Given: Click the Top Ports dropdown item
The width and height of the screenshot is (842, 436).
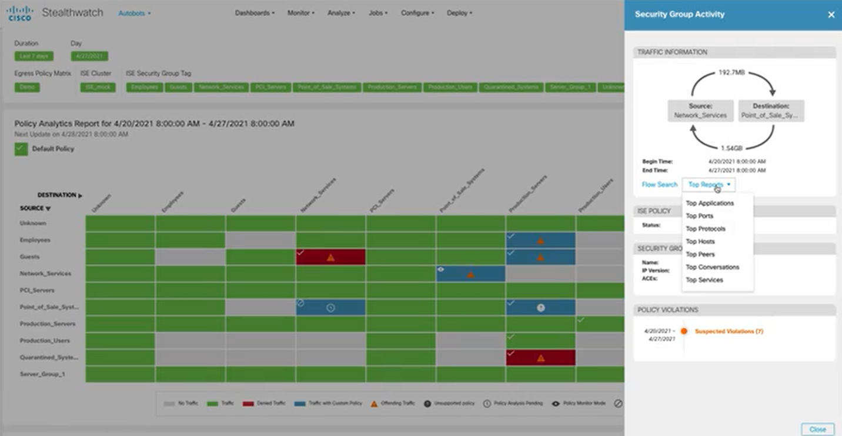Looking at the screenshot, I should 699,216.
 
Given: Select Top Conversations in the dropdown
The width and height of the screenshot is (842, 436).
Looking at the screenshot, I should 712,267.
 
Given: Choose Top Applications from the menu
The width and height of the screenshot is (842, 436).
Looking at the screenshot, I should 710,203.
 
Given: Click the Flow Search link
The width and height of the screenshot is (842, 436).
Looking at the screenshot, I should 659,185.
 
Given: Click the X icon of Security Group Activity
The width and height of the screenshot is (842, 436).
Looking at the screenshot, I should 831,15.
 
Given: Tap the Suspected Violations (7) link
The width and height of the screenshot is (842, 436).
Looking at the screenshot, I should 729,331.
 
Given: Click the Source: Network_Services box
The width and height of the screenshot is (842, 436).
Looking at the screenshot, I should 700,111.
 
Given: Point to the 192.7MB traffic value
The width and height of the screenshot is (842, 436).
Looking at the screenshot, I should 731,73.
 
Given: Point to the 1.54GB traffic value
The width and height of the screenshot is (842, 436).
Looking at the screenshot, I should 732,147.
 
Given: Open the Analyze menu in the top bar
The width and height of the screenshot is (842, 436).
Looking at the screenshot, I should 341,13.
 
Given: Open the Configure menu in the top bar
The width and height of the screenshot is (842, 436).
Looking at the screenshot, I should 417,13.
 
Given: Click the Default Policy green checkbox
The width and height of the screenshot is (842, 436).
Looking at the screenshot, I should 21,149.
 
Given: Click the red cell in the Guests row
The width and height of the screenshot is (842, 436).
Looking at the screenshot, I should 330,257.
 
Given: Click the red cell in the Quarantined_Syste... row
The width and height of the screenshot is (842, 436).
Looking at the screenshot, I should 540,358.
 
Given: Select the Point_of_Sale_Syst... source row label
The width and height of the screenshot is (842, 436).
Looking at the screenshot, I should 49,307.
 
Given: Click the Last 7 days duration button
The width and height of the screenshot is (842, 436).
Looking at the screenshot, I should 34,56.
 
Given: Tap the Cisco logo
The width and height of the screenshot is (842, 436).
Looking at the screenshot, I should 19,13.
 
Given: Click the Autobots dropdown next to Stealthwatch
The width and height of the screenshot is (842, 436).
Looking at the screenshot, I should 134,13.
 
